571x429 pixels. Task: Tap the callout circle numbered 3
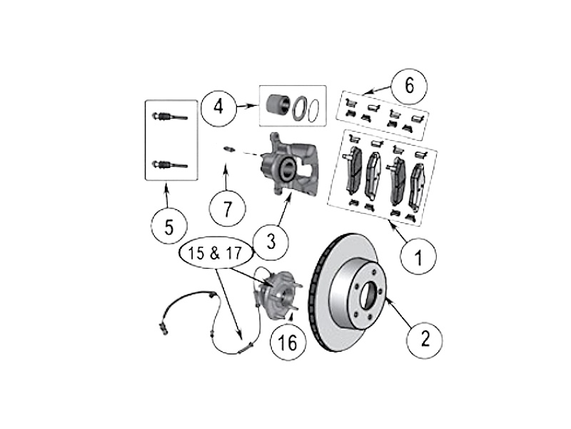click(x=270, y=243)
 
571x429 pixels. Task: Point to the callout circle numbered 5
click(x=169, y=227)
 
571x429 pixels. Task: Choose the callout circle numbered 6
click(x=409, y=86)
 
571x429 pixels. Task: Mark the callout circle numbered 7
click(x=228, y=209)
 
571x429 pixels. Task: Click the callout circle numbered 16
click(x=287, y=343)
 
